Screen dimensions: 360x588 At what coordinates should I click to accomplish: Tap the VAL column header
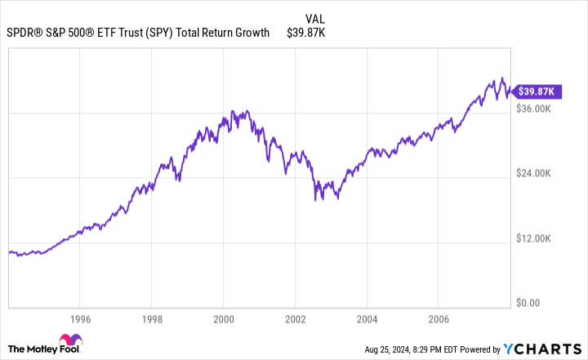coord(313,18)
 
